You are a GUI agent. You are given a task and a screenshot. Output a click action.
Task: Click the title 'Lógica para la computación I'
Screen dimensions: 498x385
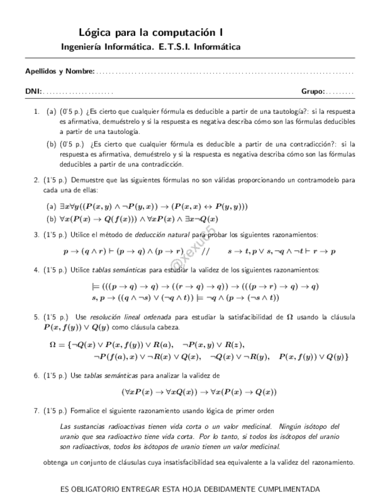click(150, 33)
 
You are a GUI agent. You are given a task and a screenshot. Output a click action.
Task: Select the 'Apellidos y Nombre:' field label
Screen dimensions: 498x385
click(59, 72)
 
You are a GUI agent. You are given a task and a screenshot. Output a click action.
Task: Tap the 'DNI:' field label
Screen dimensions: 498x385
click(34, 92)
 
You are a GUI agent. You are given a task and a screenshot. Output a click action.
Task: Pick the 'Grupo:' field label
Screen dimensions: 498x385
click(313, 92)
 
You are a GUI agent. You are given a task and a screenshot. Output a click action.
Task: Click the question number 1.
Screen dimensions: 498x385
click(36, 111)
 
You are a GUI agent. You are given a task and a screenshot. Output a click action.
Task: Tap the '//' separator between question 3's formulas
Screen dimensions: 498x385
click(205, 251)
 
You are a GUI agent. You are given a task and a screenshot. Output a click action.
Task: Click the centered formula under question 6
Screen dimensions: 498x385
click(199, 392)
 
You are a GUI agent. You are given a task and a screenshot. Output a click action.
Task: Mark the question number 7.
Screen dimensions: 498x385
click(36, 410)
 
